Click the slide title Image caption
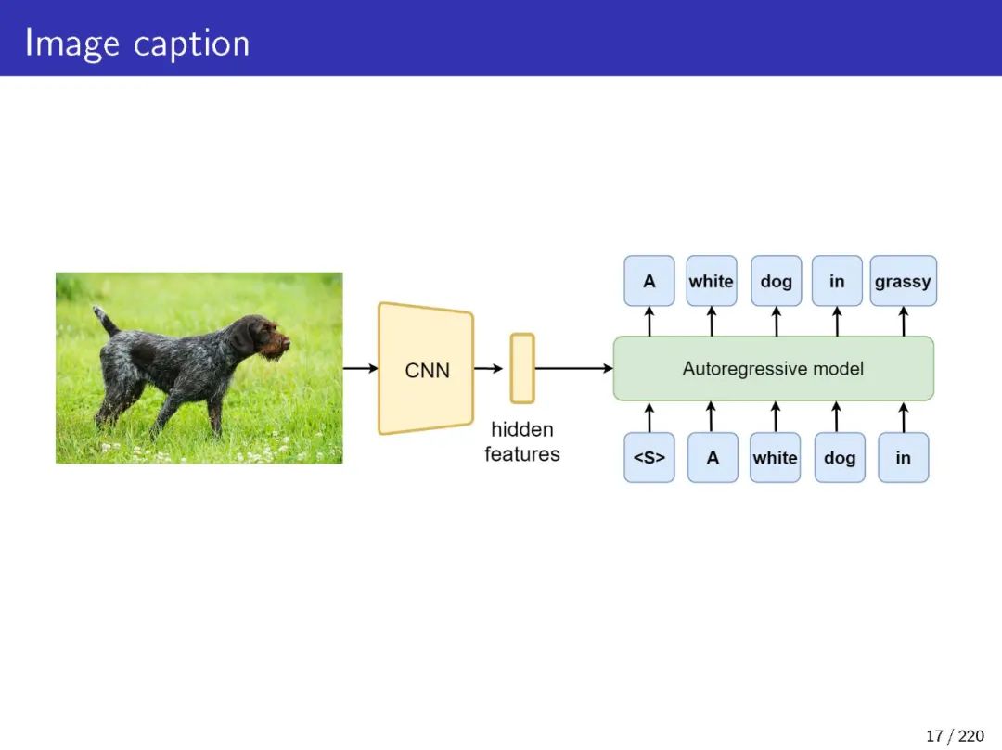(x=137, y=43)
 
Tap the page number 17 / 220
(x=955, y=736)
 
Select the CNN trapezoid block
(x=426, y=369)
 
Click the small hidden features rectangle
(x=522, y=368)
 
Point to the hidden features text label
(x=522, y=441)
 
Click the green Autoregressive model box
(x=773, y=368)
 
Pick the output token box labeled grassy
(x=903, y=281)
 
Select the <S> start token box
(x=649, y=457)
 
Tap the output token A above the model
(x=649, y=281)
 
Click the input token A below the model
(x=713, y=457)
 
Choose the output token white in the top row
(x=712, y=281)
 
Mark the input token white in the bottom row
(x=775, y=457)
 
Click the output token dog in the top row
(x=776, y=281)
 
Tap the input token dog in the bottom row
(x=839, y=457)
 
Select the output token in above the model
(x=837, y=281)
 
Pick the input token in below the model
(x=903, y=457)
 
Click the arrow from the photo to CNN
(x=360, y=368)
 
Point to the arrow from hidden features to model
(x=573, y=368)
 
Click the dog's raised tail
(x=105, y=320)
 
